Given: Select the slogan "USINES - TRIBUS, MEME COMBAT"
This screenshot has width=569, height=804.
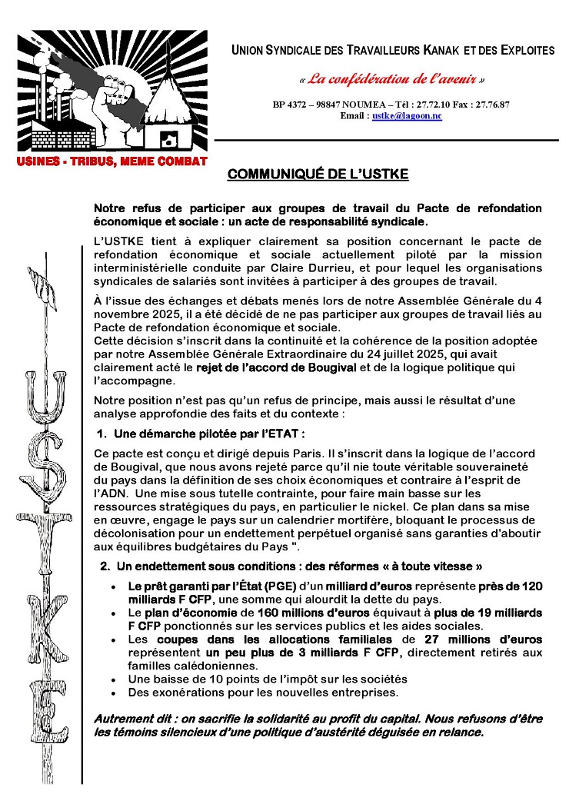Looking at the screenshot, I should (112, 161).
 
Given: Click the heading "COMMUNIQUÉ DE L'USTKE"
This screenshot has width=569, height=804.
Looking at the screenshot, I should (318, 174).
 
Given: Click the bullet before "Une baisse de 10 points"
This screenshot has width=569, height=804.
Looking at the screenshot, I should (115, 679).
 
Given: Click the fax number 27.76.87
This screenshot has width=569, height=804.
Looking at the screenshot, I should (508, 104).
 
